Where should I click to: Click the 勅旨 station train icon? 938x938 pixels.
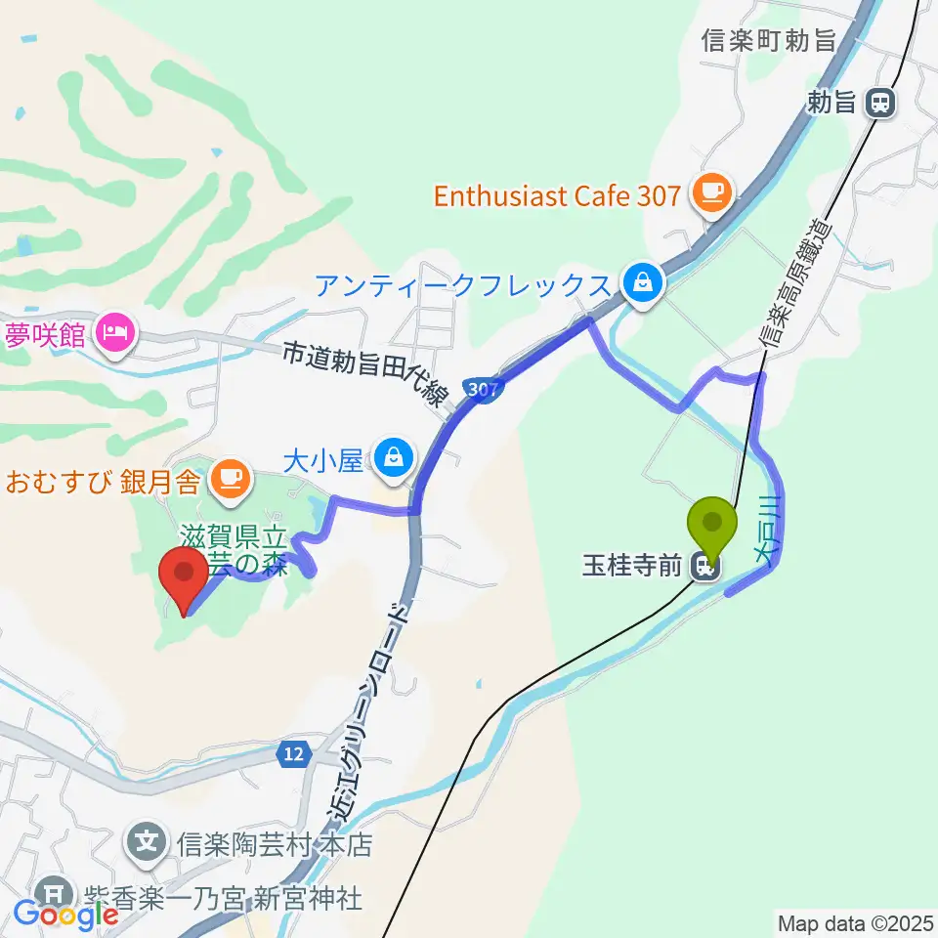coord(881,103)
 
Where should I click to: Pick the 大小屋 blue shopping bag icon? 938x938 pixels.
coord(394,456)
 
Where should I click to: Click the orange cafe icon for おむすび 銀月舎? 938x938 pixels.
coord(231,479)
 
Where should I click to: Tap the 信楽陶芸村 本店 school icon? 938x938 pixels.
coord(148,839)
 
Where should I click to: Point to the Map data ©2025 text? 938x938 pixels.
coord(856,922)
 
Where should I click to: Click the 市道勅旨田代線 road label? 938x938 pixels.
coord(365,371)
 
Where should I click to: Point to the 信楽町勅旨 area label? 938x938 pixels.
coord(770,41)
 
